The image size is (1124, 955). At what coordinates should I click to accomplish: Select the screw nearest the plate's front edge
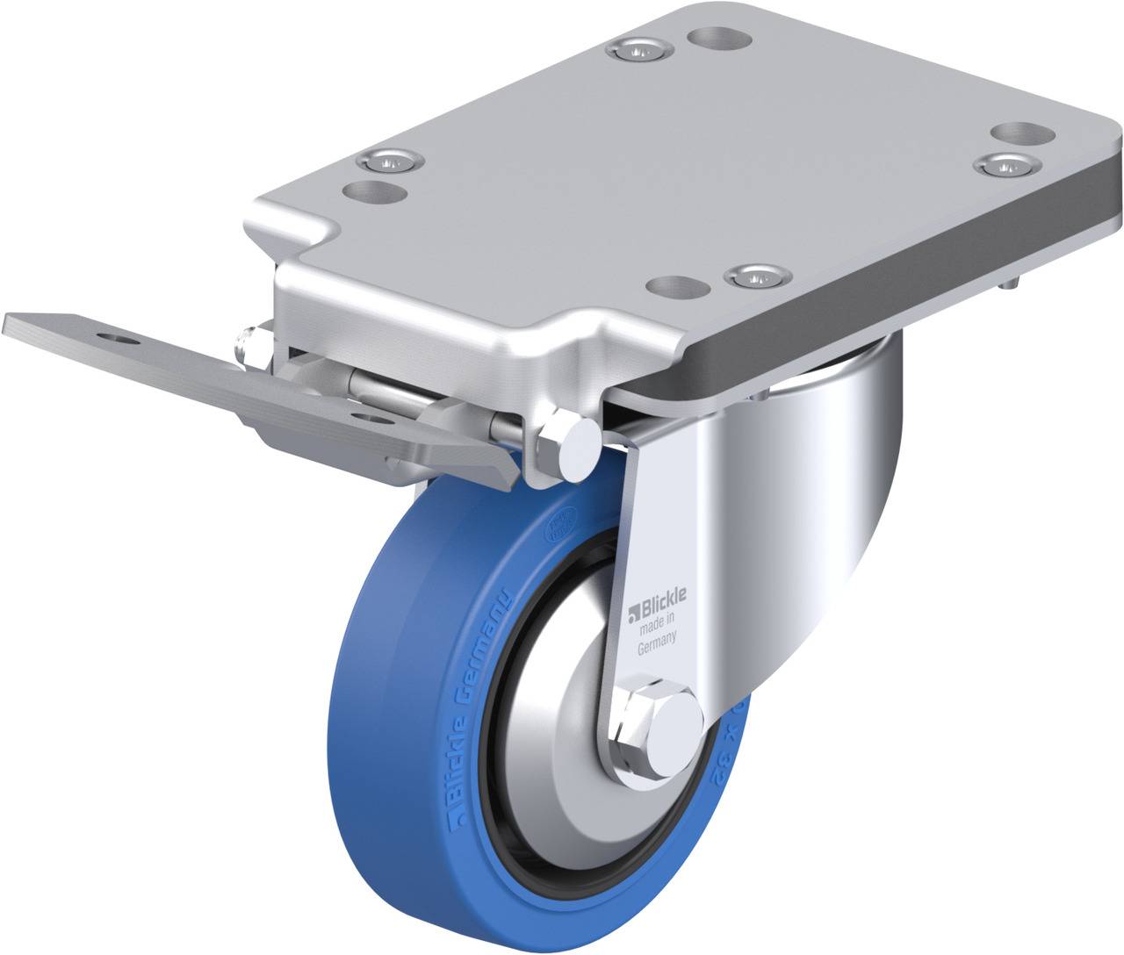756,276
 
